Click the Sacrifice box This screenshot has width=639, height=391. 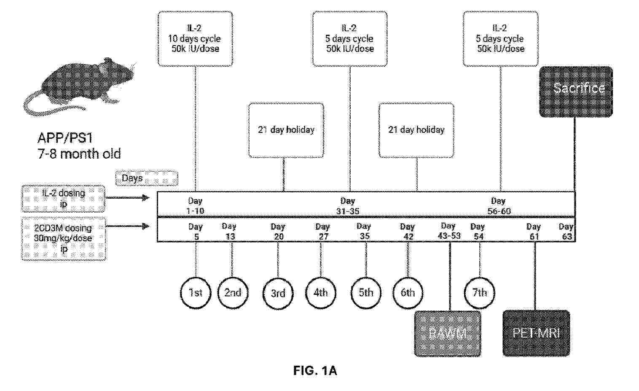coord(576,92)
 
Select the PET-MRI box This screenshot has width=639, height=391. coord(536,333)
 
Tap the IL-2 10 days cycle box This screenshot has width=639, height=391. coord(195,39)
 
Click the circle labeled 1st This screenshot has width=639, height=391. coord(196,292)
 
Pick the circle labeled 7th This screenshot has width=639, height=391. coord(480,292)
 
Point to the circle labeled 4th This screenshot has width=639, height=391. coord(321,292)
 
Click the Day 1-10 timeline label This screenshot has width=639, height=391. coord(195,206)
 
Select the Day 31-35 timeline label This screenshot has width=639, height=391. coord(348,206)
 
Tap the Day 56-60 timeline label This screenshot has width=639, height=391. coord(499,206)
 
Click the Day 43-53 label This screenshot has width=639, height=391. coord(448,231)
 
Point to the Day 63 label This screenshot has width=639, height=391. coord(567,231)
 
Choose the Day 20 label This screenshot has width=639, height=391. coord(278,231)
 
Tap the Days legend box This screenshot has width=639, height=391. coord(146,178)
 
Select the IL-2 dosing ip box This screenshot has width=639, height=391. coord(63,198)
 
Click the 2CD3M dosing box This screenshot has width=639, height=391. coord(63,238)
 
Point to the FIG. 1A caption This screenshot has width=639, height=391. coord(315,371)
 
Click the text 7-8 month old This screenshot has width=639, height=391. coord(79,154)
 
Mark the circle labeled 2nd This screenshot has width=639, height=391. coord(233,292)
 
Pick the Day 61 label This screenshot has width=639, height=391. coord(534,231)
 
